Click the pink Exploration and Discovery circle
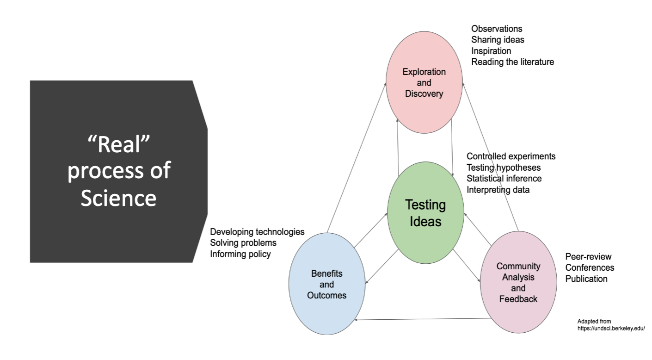click(424, 83)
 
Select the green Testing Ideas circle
click(425, 213)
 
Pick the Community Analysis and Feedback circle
click(518, 282)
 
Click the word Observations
click(497, 29)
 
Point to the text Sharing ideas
click(498, 40)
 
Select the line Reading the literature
click(512, 62)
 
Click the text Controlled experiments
click(511, 156)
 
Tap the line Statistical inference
click(504, 179)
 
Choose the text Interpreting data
click(498, 190)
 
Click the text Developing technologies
click(257, 231)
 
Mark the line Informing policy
click(240, 254)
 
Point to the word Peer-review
click(588, 257)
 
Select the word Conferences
click(590, 268)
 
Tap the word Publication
click(586, 279)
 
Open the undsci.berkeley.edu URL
click(611, 329)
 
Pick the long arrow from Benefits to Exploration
click(357, 157)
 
